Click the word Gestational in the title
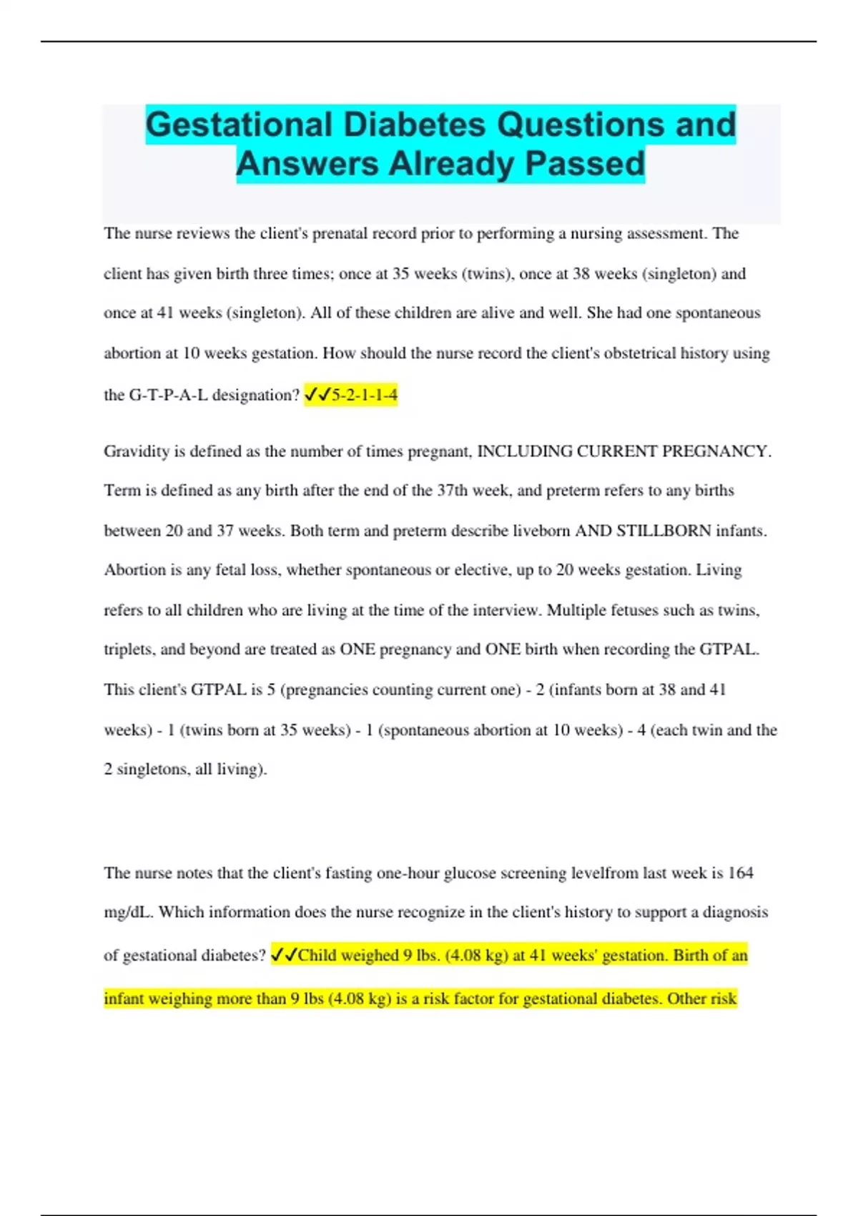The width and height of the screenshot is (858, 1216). [x=239, y=124]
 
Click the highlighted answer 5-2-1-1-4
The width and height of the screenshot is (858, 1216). [x=365, y=395]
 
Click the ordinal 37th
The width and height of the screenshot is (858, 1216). [x=452, y=491]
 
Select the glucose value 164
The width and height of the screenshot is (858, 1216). [x=740, y=873]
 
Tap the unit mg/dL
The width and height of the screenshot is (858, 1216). [x=128, y=913]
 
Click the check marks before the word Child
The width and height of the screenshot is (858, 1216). [x=284, y=956]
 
